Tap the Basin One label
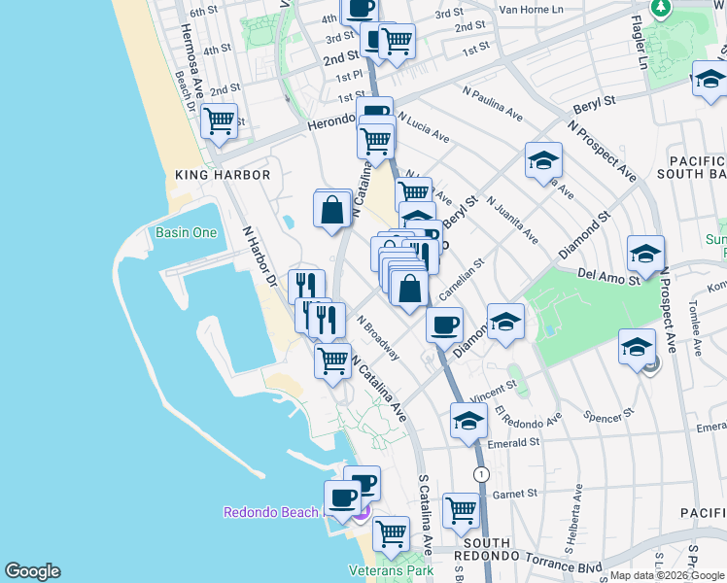(187, 232)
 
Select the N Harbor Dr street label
(259, 257)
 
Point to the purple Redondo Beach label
(271, 512)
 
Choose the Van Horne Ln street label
(531, 10)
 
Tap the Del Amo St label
(606, 276)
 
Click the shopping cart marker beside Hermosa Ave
(221, 121)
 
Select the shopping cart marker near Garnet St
(461, 509)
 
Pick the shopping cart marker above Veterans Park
(391, 532)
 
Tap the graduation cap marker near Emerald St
(468, 422)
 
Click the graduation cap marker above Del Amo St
(645, 255)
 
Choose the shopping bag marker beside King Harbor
(332, 209)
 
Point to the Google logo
(32, 571)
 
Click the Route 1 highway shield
(481, 473)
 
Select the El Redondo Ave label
(529, 417)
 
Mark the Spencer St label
(609, 416)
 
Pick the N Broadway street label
(377, 336)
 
